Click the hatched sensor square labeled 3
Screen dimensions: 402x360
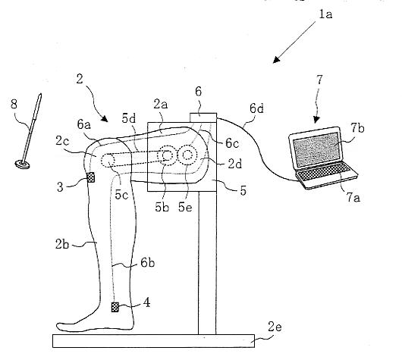click(91, 177)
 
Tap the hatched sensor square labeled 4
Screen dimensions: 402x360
click(115, 307)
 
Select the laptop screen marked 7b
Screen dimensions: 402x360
click(317, 149)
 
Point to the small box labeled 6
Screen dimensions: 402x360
click(203, 117)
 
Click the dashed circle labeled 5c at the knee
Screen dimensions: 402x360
click(108, 161)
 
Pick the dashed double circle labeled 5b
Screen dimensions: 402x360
click(167, 155)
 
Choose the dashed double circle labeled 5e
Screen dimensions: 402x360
click(187, 155)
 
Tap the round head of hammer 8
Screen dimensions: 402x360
click(22, 164)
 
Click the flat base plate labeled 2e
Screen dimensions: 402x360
click(153, 341)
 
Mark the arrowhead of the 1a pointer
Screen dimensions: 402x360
click(276, 60)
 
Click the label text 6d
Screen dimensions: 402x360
click(256, 108)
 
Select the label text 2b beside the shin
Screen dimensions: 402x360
click(62, 244)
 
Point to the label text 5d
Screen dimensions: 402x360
click(129, 118)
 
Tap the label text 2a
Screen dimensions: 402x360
click(161, 105)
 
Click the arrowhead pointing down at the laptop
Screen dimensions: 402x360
click(317, 120)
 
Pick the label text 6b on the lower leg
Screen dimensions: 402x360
click(147, 263)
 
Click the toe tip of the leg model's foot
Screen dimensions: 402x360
click(58, 326)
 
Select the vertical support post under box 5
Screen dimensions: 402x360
click(207, 263)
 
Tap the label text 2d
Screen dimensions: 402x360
click(235, 164)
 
